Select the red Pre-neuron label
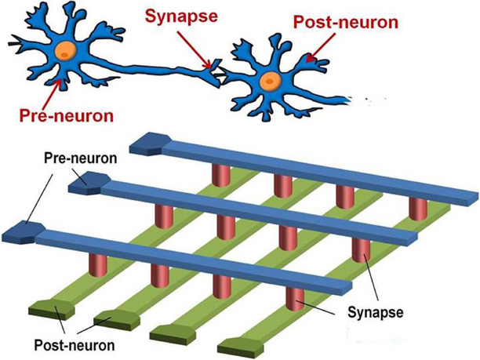point(67,116)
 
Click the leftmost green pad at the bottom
point(48,310)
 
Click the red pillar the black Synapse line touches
point(293,299)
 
